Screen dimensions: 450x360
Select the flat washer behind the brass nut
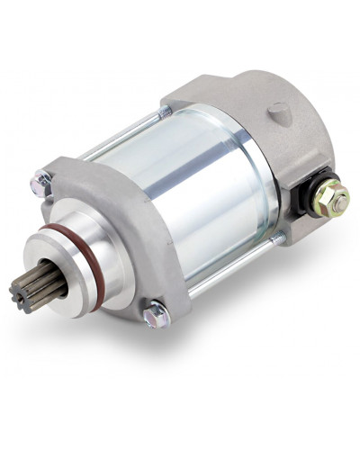click(x=326, y=200)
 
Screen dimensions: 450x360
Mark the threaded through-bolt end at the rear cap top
click(x=166, y=111)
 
